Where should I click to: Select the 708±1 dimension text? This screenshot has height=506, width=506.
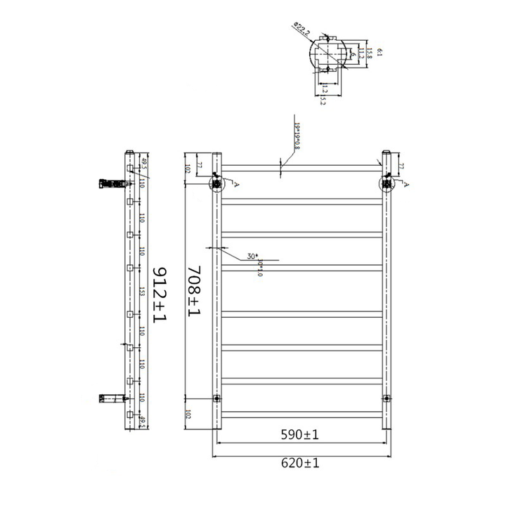tap(194, 289)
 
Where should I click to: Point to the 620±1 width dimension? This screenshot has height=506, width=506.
tap(301, 464)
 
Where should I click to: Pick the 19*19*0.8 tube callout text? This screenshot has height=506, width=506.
tap(297, 136)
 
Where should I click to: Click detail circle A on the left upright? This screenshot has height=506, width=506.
tap(216, 183)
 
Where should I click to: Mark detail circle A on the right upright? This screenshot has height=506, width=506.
tap(387, 183)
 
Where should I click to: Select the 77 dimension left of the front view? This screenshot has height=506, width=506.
tap(200, 167)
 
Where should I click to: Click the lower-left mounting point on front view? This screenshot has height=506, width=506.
tap(216, 398)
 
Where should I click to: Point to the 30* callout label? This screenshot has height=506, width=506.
tap(252, 256)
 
